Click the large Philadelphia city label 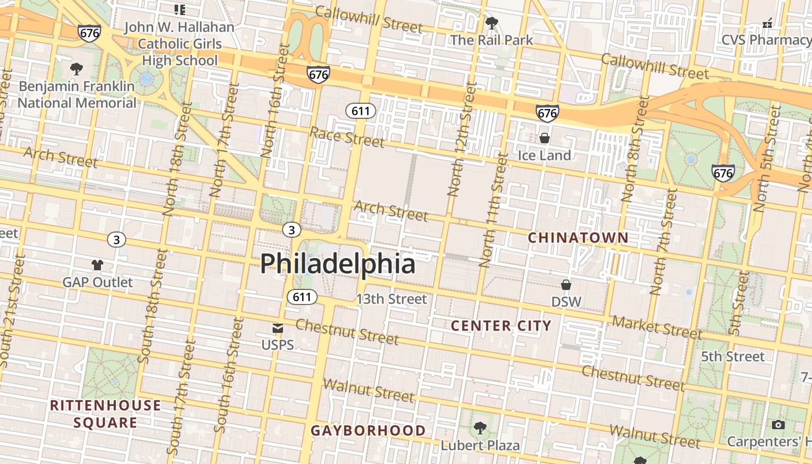(x=338, y=264)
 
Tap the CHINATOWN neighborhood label (x=578, y=238)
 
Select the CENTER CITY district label (x=501, y=326)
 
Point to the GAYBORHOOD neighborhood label (x=368, y=431)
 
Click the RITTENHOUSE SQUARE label (x=106, y=414)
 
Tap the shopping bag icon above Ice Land (x=545, y=138)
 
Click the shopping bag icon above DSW (x=566, y=285)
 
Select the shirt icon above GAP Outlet (x=97, y=265)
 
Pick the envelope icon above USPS (x=278, y=328)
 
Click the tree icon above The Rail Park (x=491, y=24)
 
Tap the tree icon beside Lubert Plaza (x=480, y=429)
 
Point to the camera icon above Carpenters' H (x=778, y=425)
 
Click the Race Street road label (x=347, y=137)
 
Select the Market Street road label (x=657, y=327)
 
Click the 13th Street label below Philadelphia (x=391, y=299)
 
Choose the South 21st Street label (x=12, y=313)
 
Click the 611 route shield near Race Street (x=360, y=110)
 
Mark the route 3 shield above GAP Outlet (x=117, y=240)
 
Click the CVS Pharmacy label (x=766, y=40)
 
